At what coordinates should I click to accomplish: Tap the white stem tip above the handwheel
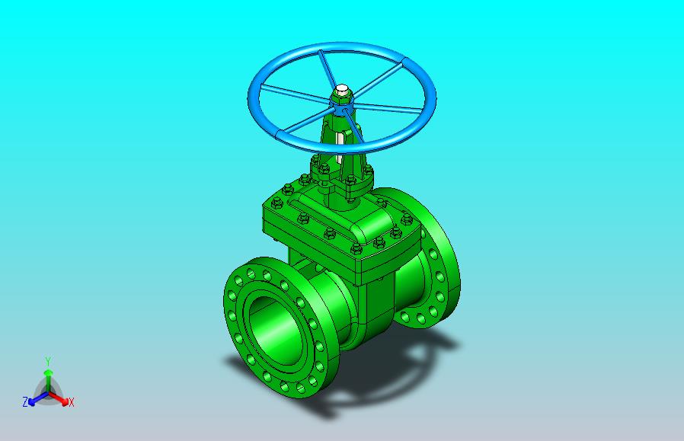(x=342, y=88)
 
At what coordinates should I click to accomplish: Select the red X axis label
(x=72, y=402)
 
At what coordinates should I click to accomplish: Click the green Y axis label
(x=49, y=361)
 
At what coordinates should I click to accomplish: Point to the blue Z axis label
(x=25, y=401)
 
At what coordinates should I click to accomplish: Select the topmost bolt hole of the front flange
(x=251, y=273)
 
